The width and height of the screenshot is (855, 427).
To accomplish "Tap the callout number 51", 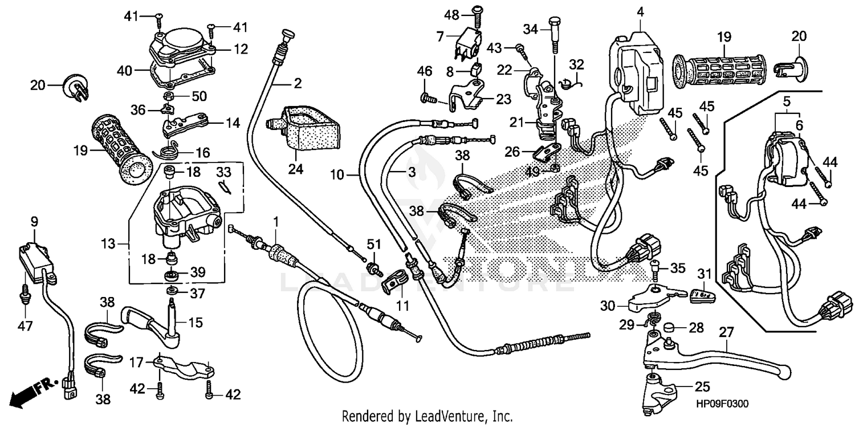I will point(373,245).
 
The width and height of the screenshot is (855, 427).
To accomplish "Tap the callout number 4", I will point(640,11).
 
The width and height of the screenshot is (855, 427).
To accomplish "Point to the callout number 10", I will point(337,175).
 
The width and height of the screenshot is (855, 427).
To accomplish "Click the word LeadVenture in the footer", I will point(439,416).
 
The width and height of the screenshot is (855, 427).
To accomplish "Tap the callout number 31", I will point(705,273).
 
